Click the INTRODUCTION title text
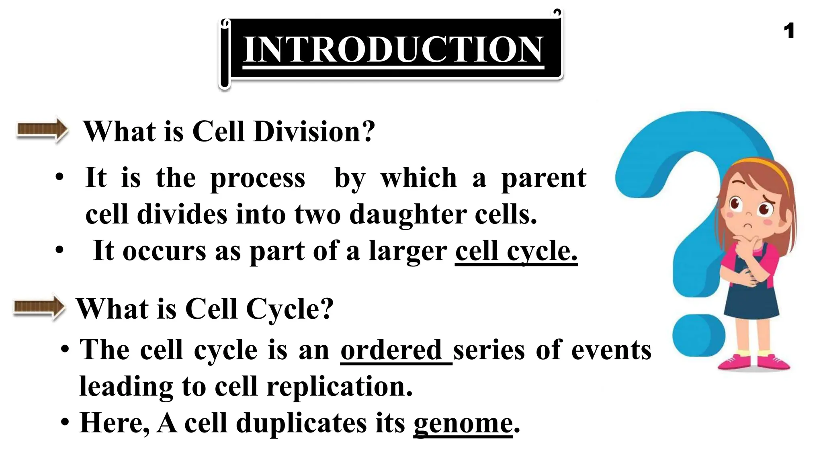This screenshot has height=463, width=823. pyautogui.click(x=393, y=49)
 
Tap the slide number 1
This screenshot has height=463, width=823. pyautogui.click(x=789, y=31)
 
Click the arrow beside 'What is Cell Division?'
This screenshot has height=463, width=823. pyautogui.click(x=42, y=130)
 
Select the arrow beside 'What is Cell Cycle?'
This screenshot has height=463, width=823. pyautogui.click(x=39, y=307)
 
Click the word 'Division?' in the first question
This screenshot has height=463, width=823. pyautogui.click(x=314, y=131)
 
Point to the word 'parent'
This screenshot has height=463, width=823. pyautogui.click(x=544, y=178)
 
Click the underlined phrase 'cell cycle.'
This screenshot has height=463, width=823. pyautogui.click(x=516, y=251)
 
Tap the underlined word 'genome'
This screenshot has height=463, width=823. pyautogui.click(x=463, y=423)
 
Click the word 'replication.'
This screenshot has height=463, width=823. pyautogui.click(x=340, y=387)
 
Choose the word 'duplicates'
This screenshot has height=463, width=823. pyautogui.click(x=301, y=423)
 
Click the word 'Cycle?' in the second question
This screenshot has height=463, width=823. pyautogui.click(x=289, y=309)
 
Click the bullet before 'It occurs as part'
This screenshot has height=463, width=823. pyautogui.click(x=59, y=250)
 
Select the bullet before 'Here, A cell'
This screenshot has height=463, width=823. pyautogui.click(x=64, y=422)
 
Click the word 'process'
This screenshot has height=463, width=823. pyautogui.click(x=258, y=179)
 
